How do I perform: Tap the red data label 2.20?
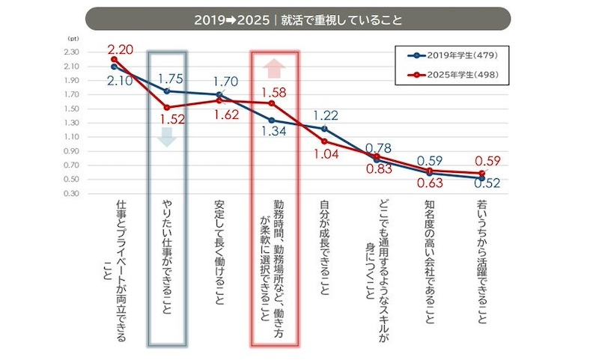(x=121, y=49)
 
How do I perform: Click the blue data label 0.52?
(x=487, y=182)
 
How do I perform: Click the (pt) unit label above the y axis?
(x=73, y=37)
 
